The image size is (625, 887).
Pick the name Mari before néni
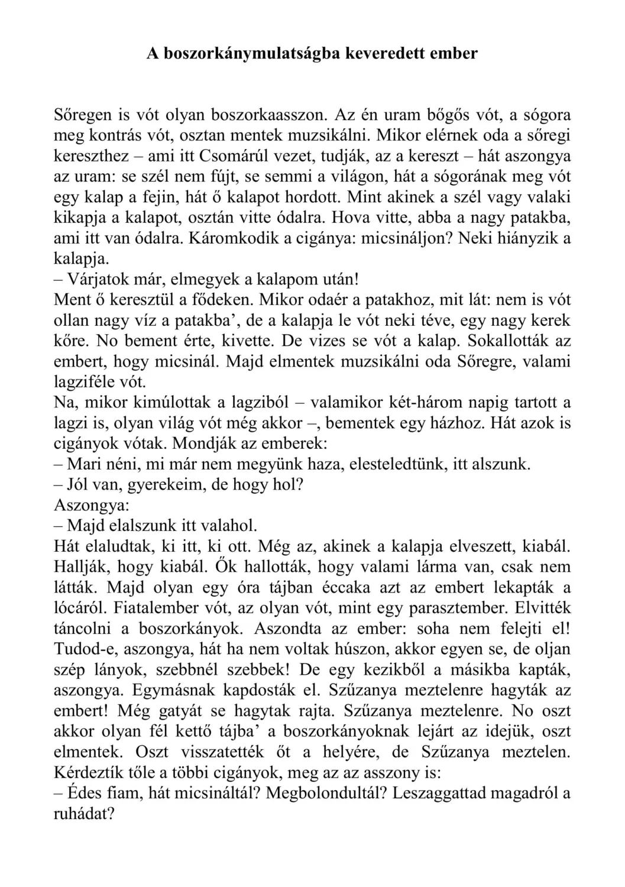(x=82, y=464)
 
